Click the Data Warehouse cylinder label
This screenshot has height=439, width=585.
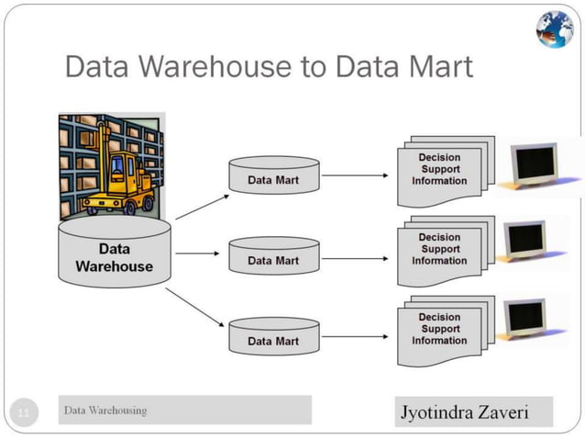click(114, 257)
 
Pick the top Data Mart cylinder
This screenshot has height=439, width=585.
click(273, 175)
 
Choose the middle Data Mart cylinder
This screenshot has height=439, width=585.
click(273, 256)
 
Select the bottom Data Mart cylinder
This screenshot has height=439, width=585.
click(273, 336)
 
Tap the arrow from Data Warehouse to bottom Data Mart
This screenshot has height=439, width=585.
click(195, 307)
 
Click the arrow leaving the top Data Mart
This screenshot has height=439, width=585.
click(355, 174)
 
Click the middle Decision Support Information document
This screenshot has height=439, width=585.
click(440, 249)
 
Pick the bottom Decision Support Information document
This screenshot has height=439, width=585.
click(440, 330)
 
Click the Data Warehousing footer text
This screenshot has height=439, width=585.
click(105, 411)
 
